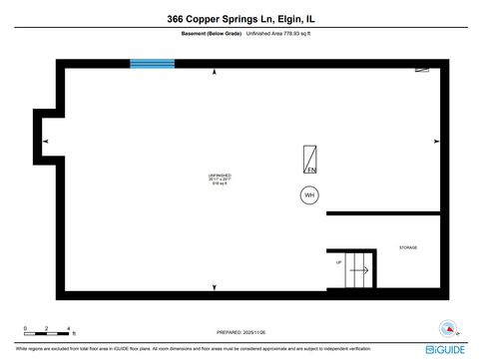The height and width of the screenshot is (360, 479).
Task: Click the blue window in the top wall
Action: pyautogui.click(x=152, y=64)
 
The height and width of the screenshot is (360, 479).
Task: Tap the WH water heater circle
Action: pyautogui.click(x=309, y=195)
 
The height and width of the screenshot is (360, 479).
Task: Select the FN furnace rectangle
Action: pyautogui.click(x=311, y=161)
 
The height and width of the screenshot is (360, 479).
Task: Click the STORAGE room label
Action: pyautogui.click(x=408, y=247)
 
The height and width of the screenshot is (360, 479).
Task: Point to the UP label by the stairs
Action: pyautogui.click(x=339, y=262)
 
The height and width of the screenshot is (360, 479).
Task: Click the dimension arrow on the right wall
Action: pyautogui.click(x=437, y=143)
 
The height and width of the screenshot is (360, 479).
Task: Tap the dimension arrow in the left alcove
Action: pyautogui.click(x=45, y=143)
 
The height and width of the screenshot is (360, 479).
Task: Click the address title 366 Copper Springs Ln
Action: pyautogui.click(x=239, y=19)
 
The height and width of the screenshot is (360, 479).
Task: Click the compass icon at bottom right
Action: pyautogui.click(x=448, y=330)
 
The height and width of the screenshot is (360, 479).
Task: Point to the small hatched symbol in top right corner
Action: pyautogui.click(x=423, y=70)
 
